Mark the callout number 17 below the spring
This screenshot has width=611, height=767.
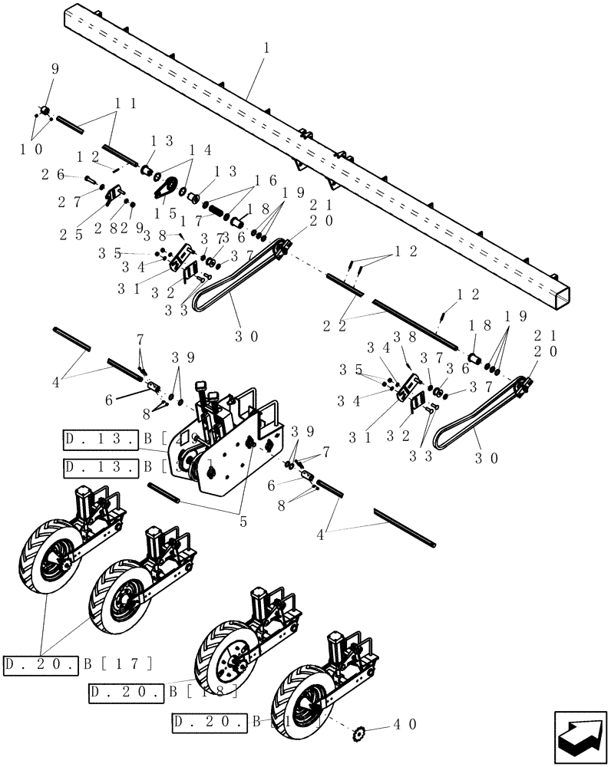pyautogui.click(x=191, y=221)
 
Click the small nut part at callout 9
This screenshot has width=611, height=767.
pyautogui.click(x=46, y=112)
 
